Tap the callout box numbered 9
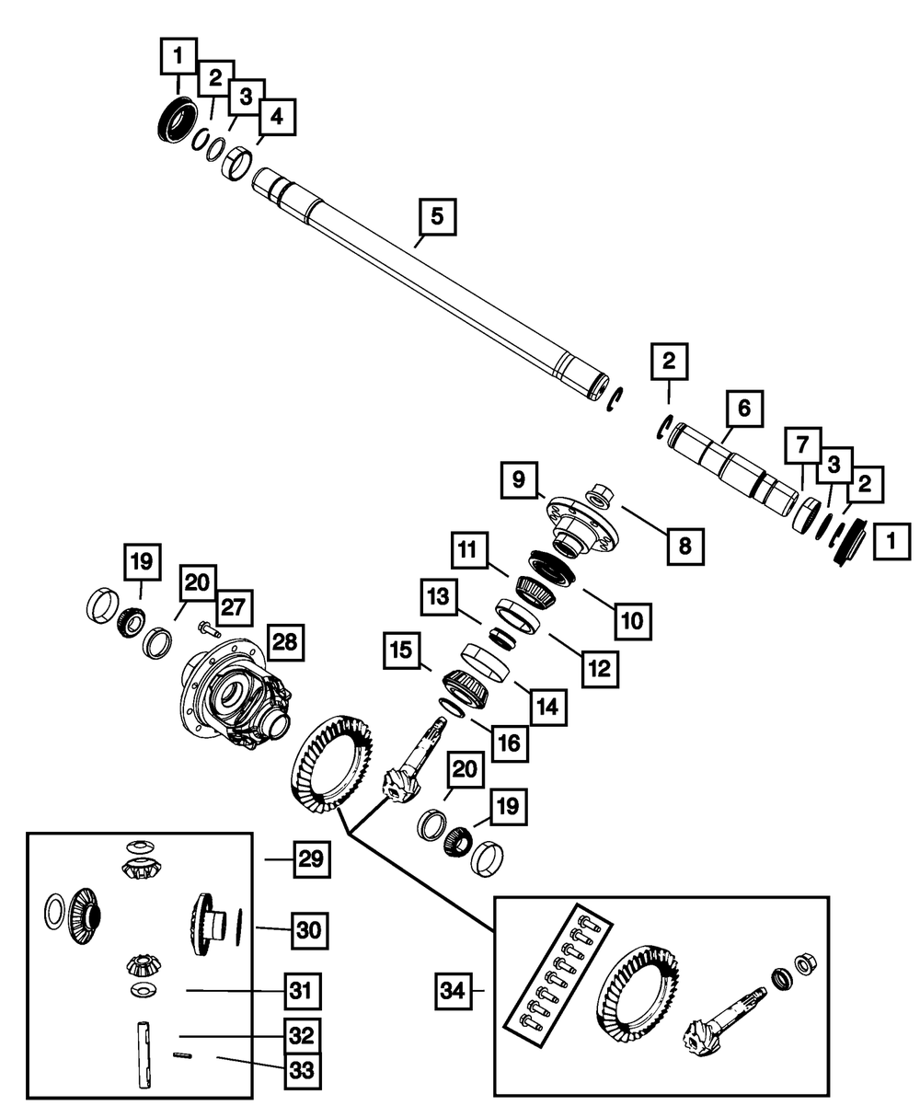(x=519, y=479)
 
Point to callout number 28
(x=285, y=641)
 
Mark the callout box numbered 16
(x=509, y=743)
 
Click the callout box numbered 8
(x=685, y=546)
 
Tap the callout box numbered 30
(x=310, y=928)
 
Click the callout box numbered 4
(x=276, y=117)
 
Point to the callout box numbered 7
(x=801, y=447)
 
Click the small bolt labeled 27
(x=208, y=630)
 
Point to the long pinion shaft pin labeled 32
(x=144, y=1055)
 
